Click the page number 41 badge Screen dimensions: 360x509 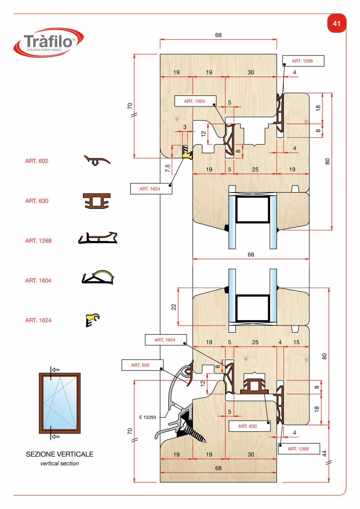pos(337,23)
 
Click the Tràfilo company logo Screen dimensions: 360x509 pos(49,43)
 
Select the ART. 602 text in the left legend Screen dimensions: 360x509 pos(37,161)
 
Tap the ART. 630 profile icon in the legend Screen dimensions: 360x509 pos(97,201)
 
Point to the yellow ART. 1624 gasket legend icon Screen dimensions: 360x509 pos(92,320)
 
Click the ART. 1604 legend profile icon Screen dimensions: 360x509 pos(98,277)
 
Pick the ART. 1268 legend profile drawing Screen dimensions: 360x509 pos(98,238)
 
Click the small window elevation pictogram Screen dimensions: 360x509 pos(59,403)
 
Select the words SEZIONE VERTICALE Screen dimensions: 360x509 pos(59,454)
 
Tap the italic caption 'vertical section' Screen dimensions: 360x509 pos(59,463)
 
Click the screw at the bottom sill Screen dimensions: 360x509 pos(194,433)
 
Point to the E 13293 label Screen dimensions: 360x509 pos(148,417)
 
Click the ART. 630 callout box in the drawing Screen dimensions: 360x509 pos(250,426)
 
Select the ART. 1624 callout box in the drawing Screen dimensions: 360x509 pos(151,189)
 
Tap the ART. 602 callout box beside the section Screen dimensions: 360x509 pos(142,365)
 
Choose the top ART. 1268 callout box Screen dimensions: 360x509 pos(303,61)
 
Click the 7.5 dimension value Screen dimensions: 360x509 pos(167,168)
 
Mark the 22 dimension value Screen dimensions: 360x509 pos(174,307)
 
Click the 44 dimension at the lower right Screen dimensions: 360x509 pos(324,453)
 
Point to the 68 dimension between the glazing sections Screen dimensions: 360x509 pos(251,254)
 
